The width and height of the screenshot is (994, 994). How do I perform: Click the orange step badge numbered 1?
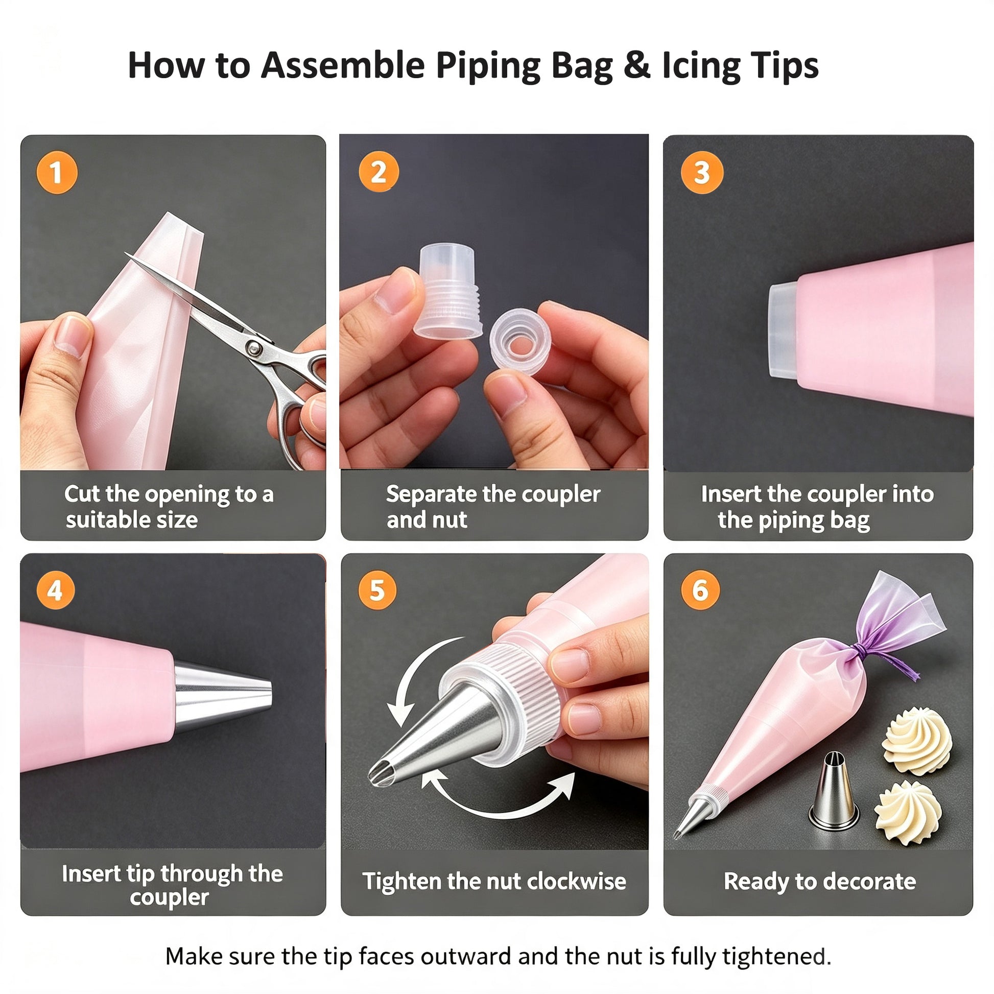(57, 173)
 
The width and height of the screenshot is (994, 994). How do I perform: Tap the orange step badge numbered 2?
(378, 172)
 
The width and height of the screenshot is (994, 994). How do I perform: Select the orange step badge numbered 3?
(702, 172)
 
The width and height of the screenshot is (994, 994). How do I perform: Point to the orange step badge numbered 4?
(56, 590)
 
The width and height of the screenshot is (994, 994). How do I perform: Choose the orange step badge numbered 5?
(377, 590)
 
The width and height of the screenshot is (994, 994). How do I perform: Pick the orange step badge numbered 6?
(700, 590)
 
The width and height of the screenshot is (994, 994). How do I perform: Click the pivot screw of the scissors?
(253, 348)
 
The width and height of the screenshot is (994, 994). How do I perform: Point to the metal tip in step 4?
(223, 698)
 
